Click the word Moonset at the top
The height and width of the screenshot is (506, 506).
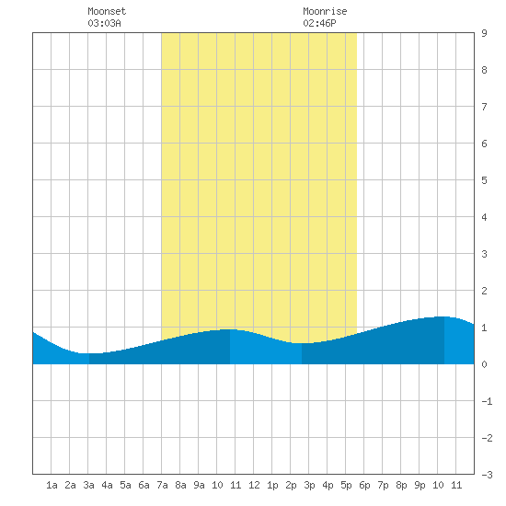coord(107,11)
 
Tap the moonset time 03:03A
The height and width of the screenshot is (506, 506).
coord(104,23)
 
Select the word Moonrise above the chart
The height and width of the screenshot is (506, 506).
coord(325,11)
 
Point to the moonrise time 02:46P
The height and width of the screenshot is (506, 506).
coord(319,23)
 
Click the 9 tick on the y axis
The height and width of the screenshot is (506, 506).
coord(484,33)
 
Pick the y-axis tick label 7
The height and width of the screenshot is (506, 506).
coord(484,107)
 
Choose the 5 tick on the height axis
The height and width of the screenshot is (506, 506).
coord(484,180)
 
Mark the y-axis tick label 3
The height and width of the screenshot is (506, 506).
coord(484,254)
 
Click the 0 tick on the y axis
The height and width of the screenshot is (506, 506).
coord(484,364)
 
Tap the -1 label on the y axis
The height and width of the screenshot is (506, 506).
coord(487,401)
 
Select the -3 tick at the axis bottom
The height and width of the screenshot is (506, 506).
coord(487,475)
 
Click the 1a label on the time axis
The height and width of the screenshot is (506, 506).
coord(52,485)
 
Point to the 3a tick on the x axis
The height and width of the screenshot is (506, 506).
coord(88,485)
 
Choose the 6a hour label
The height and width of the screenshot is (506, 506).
coord(144,485)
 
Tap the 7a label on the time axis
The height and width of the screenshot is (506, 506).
coord(162,485)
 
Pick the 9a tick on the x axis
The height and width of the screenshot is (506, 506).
coord(199,485)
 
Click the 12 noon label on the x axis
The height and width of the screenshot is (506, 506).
coord(254,485)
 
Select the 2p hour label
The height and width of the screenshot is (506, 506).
coord(291,485)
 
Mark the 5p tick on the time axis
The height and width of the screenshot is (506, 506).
coord(346,485)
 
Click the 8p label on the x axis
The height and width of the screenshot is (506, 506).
coord(401,485)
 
